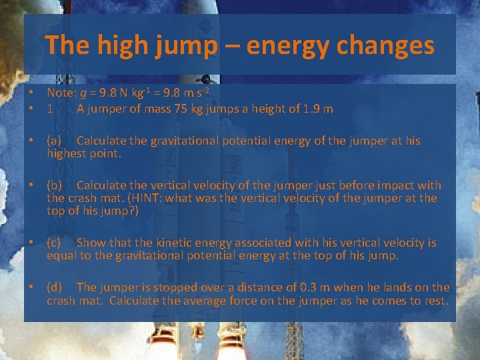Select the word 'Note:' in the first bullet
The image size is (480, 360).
pyautogui.click(x=61, y=93)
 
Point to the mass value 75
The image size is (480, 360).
pyautogui.click(x=179, y=109)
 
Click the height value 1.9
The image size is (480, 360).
pyautogui.click(x=309, y=109)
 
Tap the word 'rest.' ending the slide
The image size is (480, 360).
pyautogui.click(x=435, y=300)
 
